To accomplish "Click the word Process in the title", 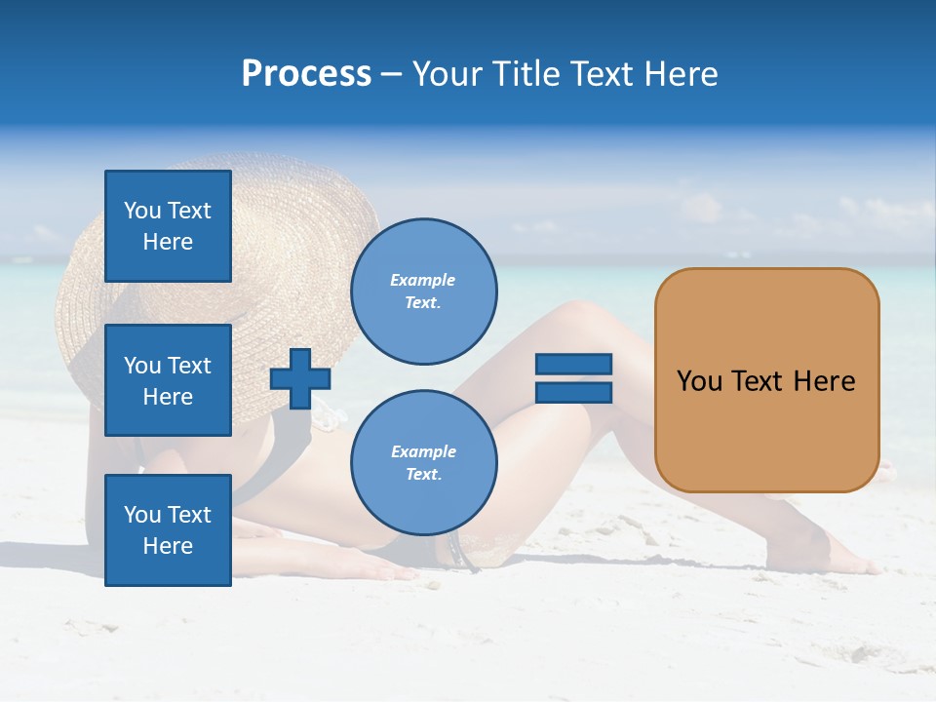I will pos(306,74).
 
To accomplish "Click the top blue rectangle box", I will pos(168,226).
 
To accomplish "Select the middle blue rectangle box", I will pos(168,380).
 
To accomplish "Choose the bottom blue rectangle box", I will pos(168,529).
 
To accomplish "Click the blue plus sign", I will pos(300,378).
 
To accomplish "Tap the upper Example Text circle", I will pos(424,291).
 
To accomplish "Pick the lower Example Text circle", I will pos(424,462).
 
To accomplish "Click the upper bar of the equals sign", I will pos(573,364).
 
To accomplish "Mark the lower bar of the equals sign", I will pos(573,392).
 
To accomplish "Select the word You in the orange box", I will pos(699,381).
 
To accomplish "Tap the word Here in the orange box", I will pos(824,381).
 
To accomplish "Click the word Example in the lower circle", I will pos(423,451).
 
